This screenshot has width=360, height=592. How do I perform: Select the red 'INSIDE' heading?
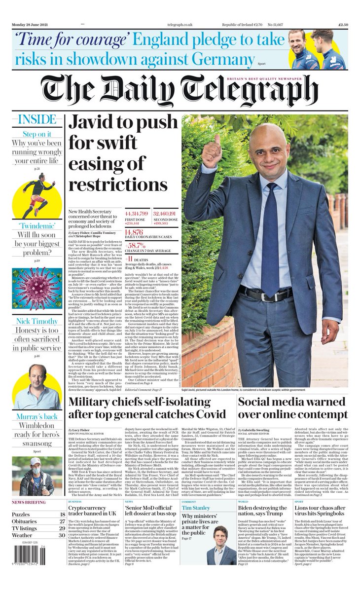click(x=37, y=120)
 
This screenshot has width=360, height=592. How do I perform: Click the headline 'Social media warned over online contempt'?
click(x=292, y=408)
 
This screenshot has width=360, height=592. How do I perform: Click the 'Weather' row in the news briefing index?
click(x=22, y=535)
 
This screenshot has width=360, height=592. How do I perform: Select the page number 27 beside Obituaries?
click(x=63, y=521)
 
